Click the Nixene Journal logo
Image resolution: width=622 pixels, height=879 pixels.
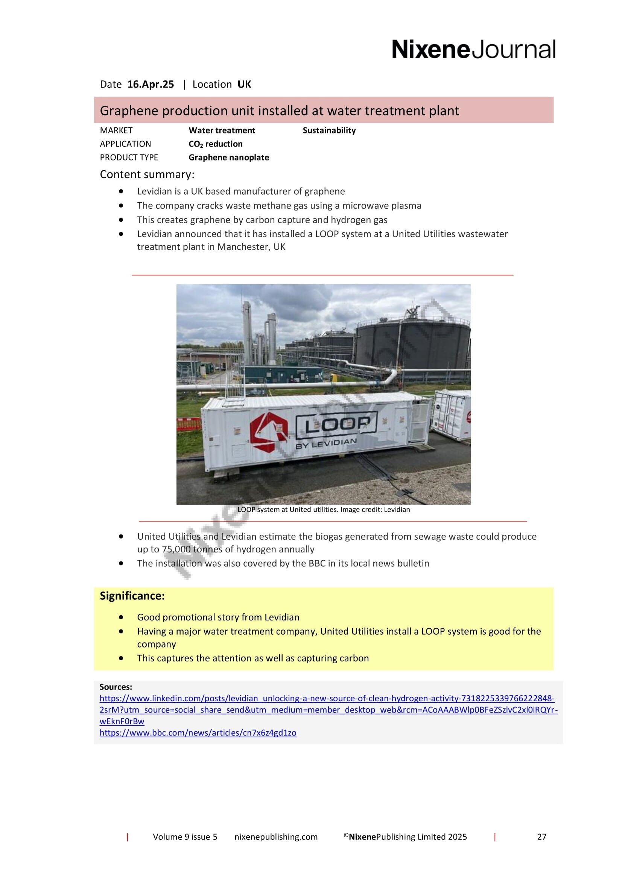pyautogui.click(x=473, y=50)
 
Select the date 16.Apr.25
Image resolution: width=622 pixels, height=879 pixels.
pyautogui.click(x=151, y=85)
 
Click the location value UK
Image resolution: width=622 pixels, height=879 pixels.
pyautogui.click(x=244, y=85)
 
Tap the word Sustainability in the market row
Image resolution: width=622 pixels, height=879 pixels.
pyautogui.click(x=329, y=130)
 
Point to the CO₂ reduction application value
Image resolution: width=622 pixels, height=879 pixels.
pyautogui.click(x=215, y=144)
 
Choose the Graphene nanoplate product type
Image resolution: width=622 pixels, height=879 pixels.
pyautogui.click(x=228, y=157)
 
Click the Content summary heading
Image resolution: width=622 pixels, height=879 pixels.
pyautogui.click(x=147, y=175)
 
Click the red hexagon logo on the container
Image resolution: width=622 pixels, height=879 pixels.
pyautogui.click(x=269, y=432)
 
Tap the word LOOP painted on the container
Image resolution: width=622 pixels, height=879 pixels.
pyautogui.click(x=337, y=425)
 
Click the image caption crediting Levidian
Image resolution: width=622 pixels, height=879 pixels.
pyautogui.click(x=324, y=510)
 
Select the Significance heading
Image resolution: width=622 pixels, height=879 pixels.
pyautogui.click(x=132, y=596)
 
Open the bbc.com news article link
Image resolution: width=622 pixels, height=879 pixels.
pyautogui.click(x=198, y=733)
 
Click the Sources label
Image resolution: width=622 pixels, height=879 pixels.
pyautogui.click(x=116, y=687)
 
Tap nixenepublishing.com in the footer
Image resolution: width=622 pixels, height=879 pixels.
pyautogui.click(x=276, y=847)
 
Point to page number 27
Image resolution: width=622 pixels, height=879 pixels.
pyautogui.click(x=541, y=847)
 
